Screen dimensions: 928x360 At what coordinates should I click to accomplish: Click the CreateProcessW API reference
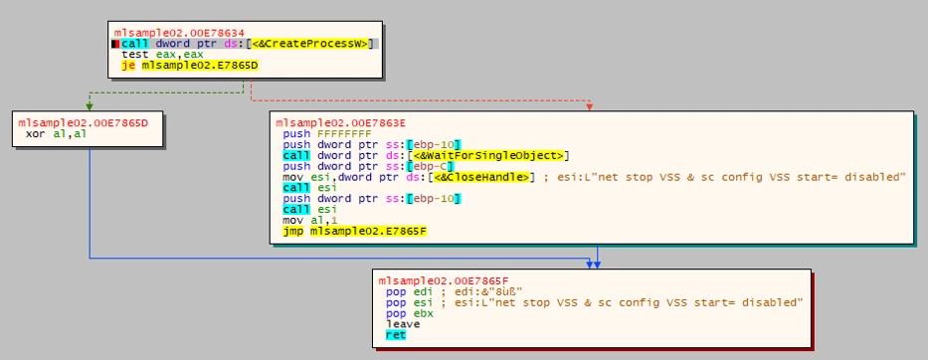coord(313,44)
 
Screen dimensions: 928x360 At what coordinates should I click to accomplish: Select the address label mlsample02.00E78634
coord(179,33)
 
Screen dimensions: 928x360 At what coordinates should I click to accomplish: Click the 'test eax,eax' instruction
coord(161,55)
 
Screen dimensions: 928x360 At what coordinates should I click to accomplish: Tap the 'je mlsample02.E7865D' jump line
coord(189,65)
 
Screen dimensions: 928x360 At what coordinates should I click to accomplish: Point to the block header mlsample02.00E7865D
coord(83,123)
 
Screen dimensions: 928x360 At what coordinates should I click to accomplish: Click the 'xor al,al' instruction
coord(55,134)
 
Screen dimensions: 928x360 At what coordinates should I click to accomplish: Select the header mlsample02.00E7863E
coord(341,123)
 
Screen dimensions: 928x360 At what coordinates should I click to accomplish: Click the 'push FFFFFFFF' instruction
coord(327,134)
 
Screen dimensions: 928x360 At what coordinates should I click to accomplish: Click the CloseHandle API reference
coord(481,176)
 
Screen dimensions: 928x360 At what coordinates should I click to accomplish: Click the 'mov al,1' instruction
coord(305,220)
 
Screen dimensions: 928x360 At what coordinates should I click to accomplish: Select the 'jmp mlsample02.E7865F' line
coord(354,231)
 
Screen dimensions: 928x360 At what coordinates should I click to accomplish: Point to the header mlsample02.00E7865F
coord(444,281)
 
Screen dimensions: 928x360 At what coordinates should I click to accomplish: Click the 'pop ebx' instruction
coord(410,313)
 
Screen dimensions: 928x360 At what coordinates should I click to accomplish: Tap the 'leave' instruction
coord(403,324)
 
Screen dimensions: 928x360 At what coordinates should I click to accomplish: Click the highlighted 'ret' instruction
coord(396,335)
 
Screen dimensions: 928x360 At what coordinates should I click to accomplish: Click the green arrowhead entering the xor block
coord(90,106)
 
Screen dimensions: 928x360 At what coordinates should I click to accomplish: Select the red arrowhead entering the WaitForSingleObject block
coord(590,106)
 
